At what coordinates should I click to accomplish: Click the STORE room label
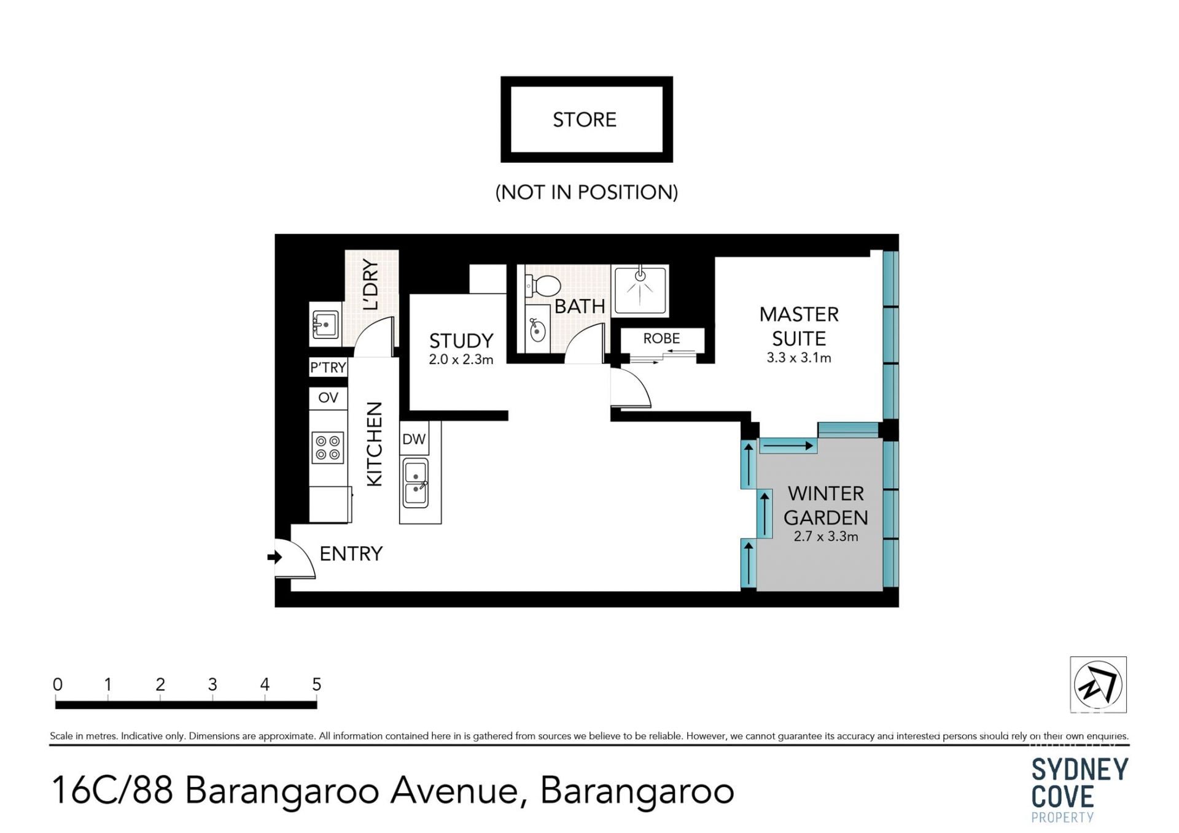coord(584,119)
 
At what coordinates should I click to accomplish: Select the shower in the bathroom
coord(640,290)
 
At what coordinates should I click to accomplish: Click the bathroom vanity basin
coord(537,330)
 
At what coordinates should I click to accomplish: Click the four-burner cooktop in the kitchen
coord(328,447)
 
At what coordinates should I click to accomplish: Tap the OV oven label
coord(328,397)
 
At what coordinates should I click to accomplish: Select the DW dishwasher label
coord(414,439)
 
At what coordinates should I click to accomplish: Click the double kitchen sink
coord(415,482)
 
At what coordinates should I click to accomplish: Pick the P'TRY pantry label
coord(328,367)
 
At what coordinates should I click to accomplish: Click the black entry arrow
coord(274,557)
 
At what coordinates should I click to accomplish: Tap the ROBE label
coord(661,338)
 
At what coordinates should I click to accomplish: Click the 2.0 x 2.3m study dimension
coord(461,360)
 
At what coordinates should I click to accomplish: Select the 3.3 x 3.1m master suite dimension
coord(798,358)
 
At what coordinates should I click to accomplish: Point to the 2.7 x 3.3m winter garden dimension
coord(825,537)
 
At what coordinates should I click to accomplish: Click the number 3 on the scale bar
coord(212,684)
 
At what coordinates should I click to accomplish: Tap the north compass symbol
coord(1098,684)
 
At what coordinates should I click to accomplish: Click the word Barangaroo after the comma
coord(637,790)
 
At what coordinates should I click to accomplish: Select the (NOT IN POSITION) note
coord(586,192)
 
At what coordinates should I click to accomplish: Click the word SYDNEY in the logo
coord(1080,770)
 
